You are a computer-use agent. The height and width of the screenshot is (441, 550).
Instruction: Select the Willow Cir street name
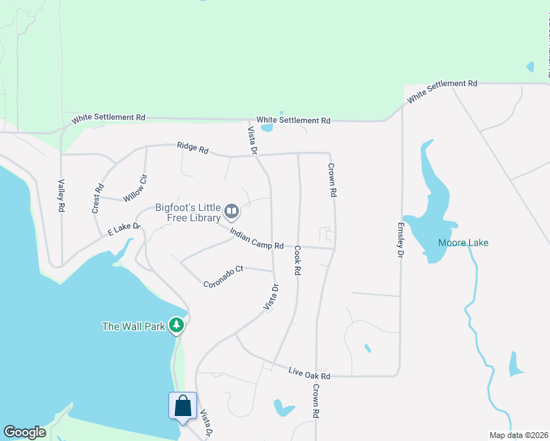pyautogui.click(x=135, y=188)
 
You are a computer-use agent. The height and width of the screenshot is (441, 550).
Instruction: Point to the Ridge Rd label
pyautogui.click(x=193, y=148)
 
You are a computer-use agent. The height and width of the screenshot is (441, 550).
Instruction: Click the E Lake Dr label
pyautogui.click(x=124, y=229)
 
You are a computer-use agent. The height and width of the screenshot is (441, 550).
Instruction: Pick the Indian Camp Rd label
pyautogui.click(x=257, y=239)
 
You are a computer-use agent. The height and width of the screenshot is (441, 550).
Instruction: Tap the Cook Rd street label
pyautogui.click(x=298, y=261)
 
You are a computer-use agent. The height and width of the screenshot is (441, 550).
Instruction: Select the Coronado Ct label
pyautogui.click(x=223, y=276)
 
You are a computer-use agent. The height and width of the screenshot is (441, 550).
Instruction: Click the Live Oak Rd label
pyautogui.click(x=310, y=373)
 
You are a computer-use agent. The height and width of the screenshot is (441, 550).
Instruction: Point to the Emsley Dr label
pyautogui.click(x=401, y=240)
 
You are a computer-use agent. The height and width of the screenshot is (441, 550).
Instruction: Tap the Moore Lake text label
pyautogui.click(x=463, y=243)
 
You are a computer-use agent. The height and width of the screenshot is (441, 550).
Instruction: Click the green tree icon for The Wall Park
pyautogui.click(x=176, y=324)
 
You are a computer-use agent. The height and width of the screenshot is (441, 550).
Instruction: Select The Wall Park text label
pyautogui.click(x=133, y=326)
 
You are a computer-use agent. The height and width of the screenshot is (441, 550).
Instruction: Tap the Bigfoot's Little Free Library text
pyautogui.click(x=188, y=212)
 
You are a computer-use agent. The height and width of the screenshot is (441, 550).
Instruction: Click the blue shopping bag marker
pyautogui.click(x=182, y=406)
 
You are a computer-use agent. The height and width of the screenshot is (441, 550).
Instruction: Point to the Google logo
pyautogui.click(x=24, y=432)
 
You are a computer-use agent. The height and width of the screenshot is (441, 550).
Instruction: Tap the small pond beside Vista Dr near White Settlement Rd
pyautogui.click(x=266, y=127)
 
